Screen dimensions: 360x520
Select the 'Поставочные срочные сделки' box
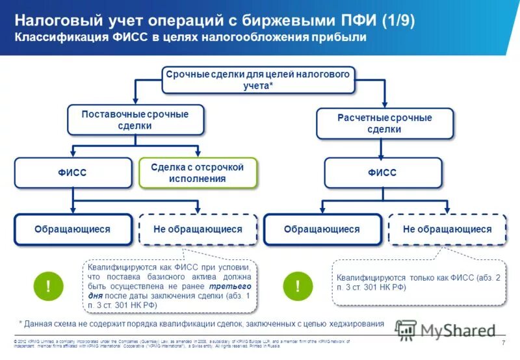point(135,120)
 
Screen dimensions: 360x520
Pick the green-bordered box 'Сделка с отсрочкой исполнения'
point(197,173)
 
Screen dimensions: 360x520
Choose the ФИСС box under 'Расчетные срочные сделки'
point(383,173)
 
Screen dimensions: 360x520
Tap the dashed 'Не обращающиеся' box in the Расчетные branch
point(447,229)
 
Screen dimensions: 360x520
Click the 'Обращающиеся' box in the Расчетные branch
point(322,229)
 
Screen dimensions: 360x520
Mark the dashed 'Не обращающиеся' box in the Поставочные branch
point(198,229)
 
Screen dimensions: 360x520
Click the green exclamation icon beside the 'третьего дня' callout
point(49,286)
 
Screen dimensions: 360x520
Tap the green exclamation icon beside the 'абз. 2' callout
point(298,286)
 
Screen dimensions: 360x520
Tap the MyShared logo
point(442,329)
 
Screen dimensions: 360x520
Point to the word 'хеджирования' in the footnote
point(353,323)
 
